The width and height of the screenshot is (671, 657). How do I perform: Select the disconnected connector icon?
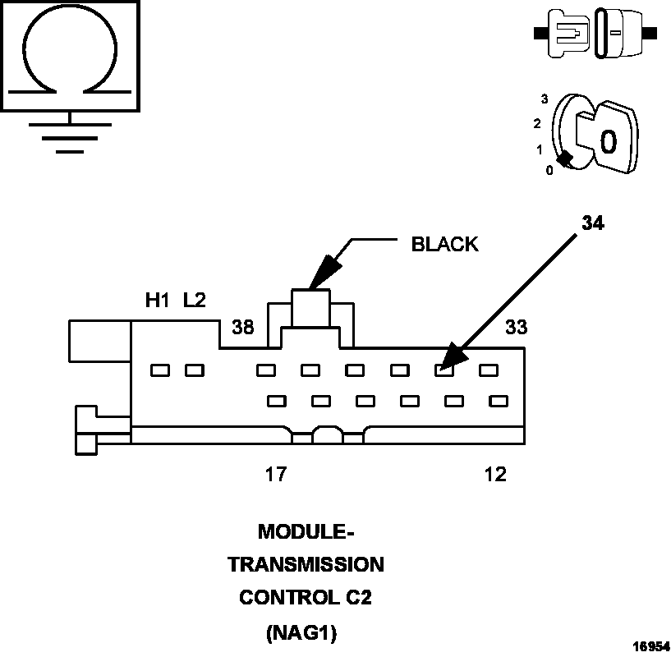point(595,34)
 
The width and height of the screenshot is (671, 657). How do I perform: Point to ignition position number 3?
point(544,99)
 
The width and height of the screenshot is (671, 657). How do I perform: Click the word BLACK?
point(444,244)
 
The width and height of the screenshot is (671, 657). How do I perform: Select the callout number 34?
point(593,223)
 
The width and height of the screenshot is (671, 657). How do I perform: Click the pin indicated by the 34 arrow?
point(444,370)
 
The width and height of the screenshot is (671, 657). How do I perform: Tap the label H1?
point(157,301)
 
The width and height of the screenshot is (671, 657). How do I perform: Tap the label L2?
point(195,301)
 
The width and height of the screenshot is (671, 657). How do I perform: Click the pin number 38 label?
point(242,327)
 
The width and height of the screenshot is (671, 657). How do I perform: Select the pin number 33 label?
point(516,327)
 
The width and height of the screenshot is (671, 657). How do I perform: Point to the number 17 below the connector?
point(276,475)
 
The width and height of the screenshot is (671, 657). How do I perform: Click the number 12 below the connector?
point(495,475)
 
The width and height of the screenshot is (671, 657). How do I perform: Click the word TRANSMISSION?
point(306,565)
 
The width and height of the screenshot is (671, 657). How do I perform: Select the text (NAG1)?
point(306,632)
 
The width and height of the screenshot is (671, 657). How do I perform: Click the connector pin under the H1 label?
point(160,370)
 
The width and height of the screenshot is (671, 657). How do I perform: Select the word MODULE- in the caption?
point(306,532)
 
